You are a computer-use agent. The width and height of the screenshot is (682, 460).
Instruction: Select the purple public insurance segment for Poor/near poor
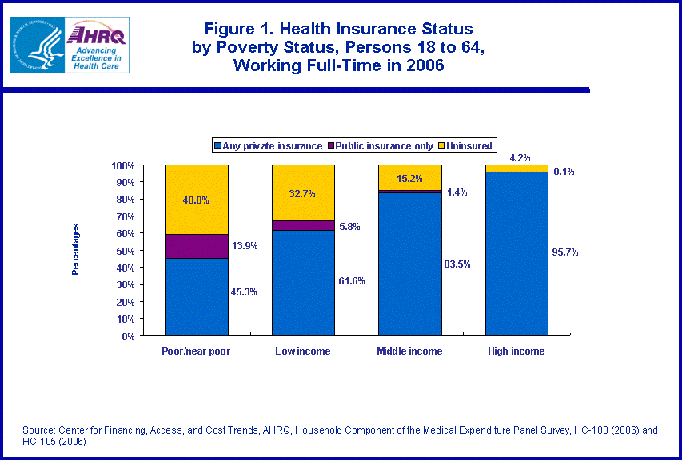[197, 246]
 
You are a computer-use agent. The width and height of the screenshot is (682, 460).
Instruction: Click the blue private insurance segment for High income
[516, 254]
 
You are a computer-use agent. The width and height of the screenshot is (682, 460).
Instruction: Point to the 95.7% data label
[564, 252]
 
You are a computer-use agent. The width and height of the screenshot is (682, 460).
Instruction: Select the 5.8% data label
[349, 227]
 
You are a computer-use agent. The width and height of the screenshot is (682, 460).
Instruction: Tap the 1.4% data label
[457, 192]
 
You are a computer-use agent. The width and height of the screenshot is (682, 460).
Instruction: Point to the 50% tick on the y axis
[124, 251]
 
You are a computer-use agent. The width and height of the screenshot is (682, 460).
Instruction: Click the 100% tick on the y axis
[122, 166]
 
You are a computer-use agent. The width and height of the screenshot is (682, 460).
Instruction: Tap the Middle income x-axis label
[410, 351]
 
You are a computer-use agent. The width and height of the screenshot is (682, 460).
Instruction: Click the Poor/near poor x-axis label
[197, 351]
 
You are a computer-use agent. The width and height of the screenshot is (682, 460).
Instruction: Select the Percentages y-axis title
[76, 250]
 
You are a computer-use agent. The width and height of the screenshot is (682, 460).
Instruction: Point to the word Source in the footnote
[39, 430]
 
